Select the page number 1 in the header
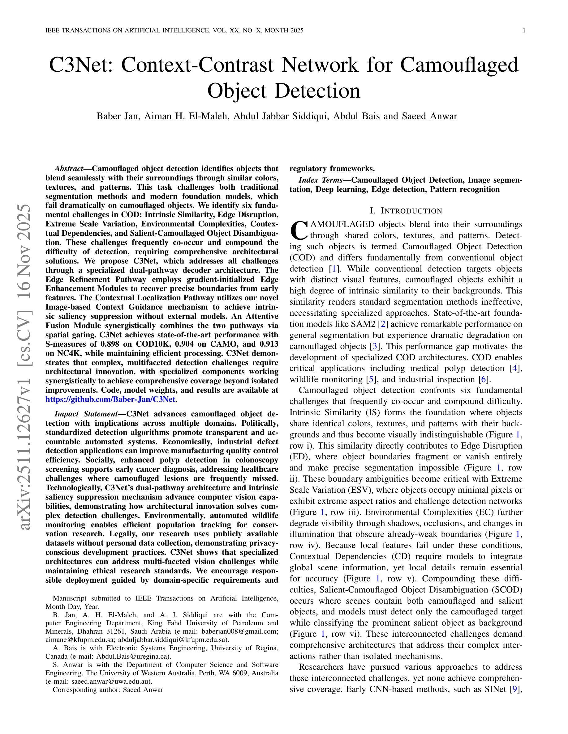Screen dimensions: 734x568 click(x=524, y=31)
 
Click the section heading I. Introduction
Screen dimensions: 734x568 click(x=406, y=211)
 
